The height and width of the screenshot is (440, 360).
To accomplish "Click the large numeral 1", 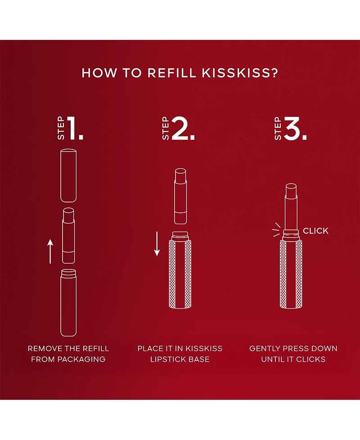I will coord(75,129).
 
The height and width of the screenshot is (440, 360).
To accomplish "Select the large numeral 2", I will coord(183,129).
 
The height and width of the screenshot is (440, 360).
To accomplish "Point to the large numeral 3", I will coord(295,129).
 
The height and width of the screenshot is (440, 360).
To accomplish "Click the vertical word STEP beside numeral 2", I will coord(166,130).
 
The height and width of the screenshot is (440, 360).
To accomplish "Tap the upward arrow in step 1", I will coord(50,251).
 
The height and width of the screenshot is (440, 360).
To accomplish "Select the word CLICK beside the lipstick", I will coord(315,231).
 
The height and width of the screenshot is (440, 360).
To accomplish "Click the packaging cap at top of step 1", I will coord(68,175).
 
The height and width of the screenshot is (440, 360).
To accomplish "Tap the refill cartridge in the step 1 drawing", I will coord(68,235).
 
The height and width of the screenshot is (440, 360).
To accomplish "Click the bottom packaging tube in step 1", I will coord(68,301).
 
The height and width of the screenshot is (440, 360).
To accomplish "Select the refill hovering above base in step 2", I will coord(180,196).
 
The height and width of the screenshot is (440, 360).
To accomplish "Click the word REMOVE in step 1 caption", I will coord(42,349).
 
